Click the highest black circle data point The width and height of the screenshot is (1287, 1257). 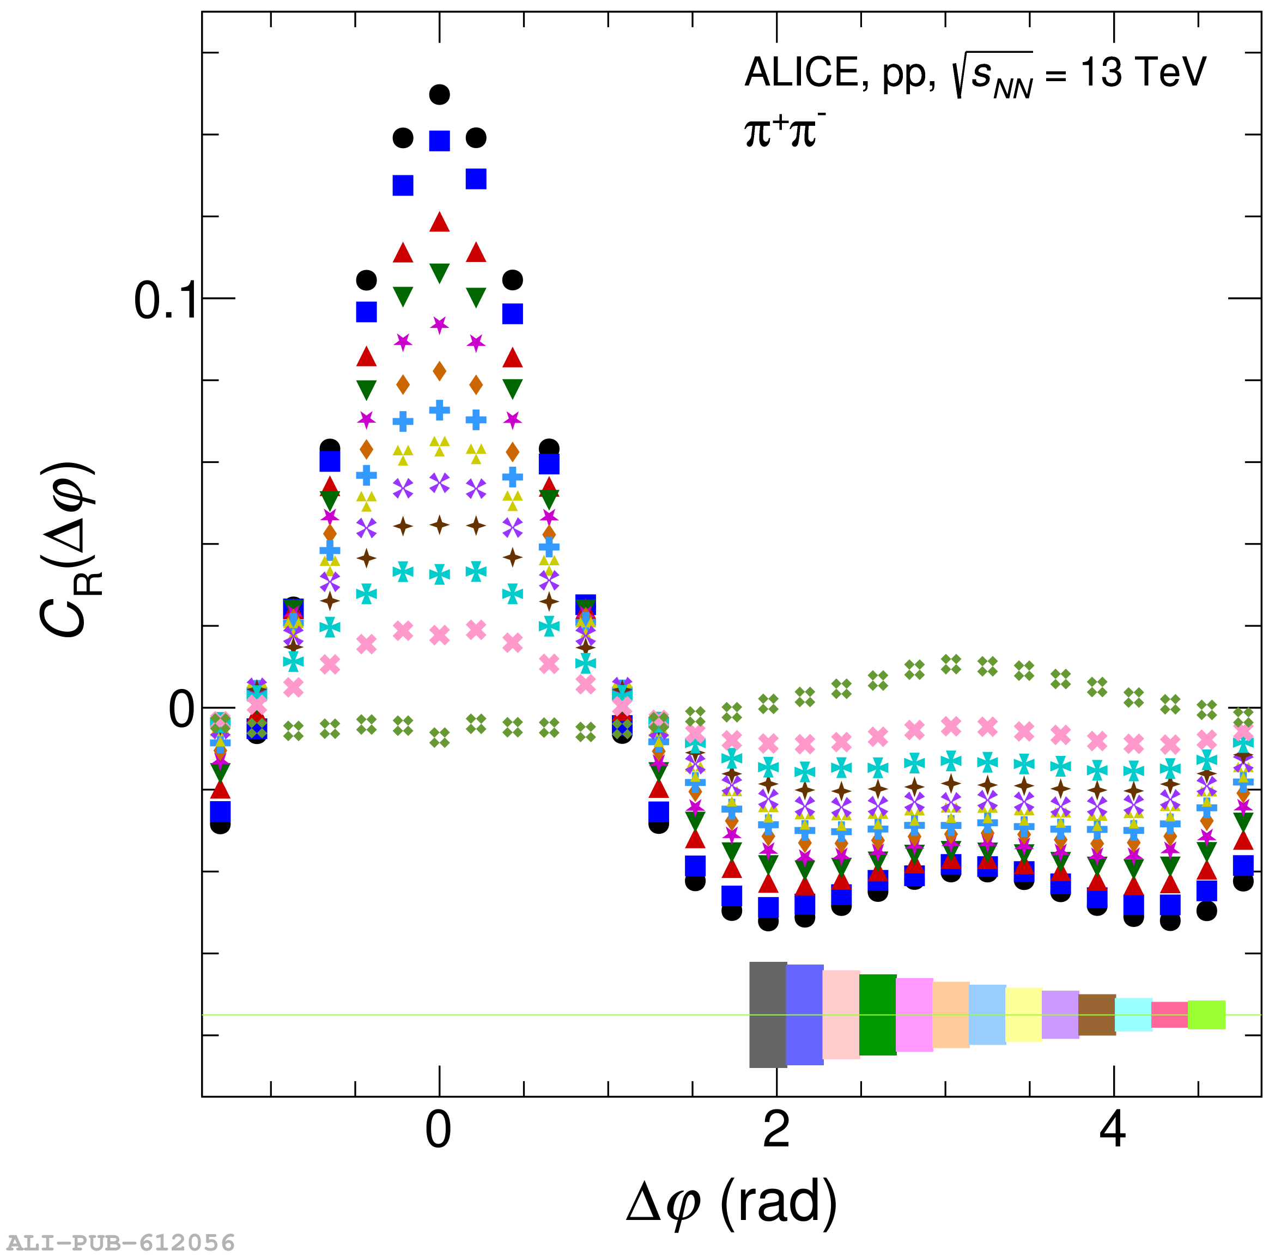pyautogui.click(x=440, y=94)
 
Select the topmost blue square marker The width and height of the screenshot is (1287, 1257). pyautogui.click(x=440, y=141)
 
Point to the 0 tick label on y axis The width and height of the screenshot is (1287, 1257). pyautogui.click(x=181, y=710)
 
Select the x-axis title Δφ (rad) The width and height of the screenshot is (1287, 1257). pyautogui.click(x=731, y=1203)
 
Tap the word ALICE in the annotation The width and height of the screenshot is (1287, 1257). pyautogui.click(x=801, y=72)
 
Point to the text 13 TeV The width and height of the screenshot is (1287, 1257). pyautogui.click(x=1143, y=72)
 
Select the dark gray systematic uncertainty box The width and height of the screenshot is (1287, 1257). pyautogui.click(x=768, y=1015)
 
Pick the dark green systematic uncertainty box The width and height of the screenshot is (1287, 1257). pyautogui.click(x=878, y=1015)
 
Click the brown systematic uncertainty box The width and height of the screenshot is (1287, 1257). pyautogui.click(x=1097, y=1015)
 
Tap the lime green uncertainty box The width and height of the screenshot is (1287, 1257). pyautogui.click(x=1206, y=1015)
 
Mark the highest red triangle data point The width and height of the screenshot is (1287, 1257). pyautogui.click(x=440, y=222)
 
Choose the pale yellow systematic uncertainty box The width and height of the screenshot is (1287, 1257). pyautogui.click(x=1023, y=1015)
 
